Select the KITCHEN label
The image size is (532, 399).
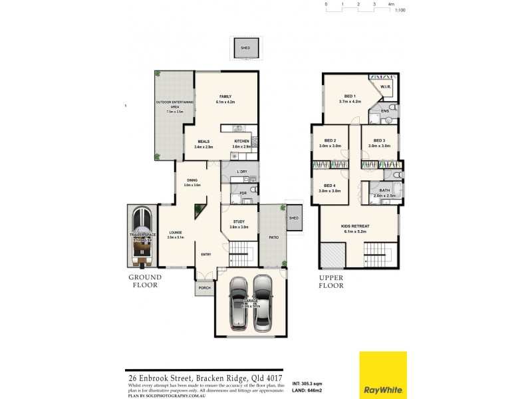click(241, 141)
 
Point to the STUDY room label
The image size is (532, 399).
click(239, 222)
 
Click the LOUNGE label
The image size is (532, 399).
click(175, 232)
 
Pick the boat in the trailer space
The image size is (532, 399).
click(144, 237)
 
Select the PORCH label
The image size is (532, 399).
click(204, 289)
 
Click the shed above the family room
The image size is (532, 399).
click(245, 49)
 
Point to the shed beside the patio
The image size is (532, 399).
click(293, 218)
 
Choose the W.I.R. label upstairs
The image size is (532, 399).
click(385, 87)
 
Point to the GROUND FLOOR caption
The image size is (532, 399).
click(144, 281)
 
